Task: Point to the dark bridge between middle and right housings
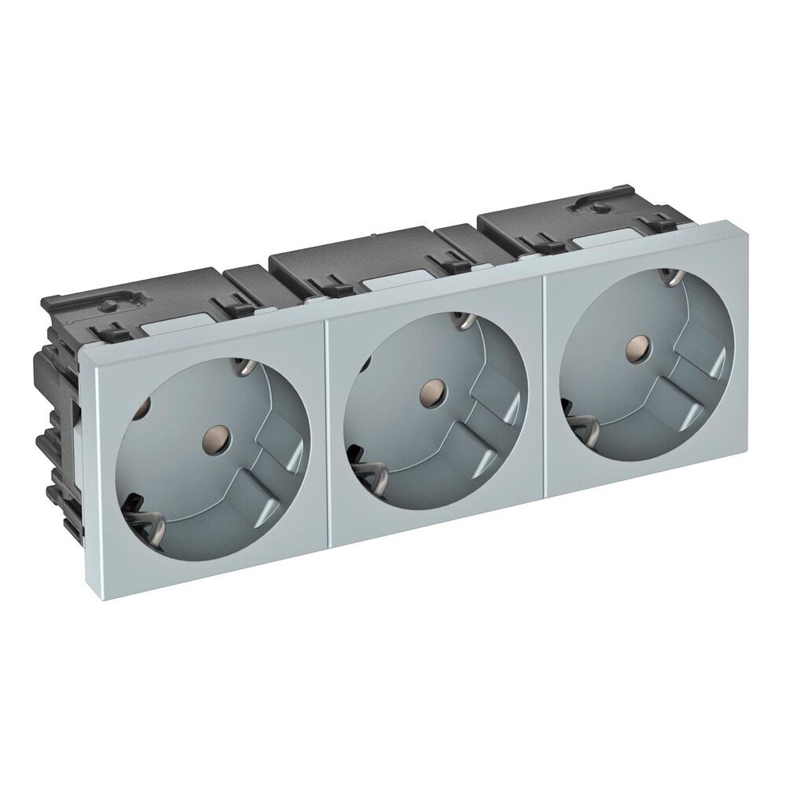(x=457, y=235)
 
